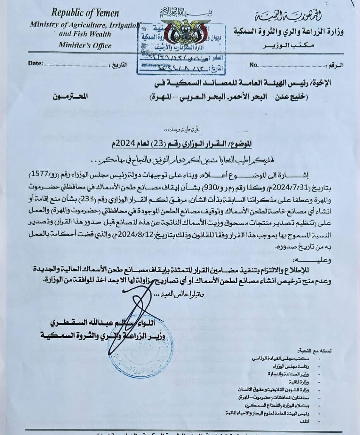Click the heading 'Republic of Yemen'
point(85,12)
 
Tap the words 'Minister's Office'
point(85,45)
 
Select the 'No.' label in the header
point(254,64)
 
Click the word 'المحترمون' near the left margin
point(70,95)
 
